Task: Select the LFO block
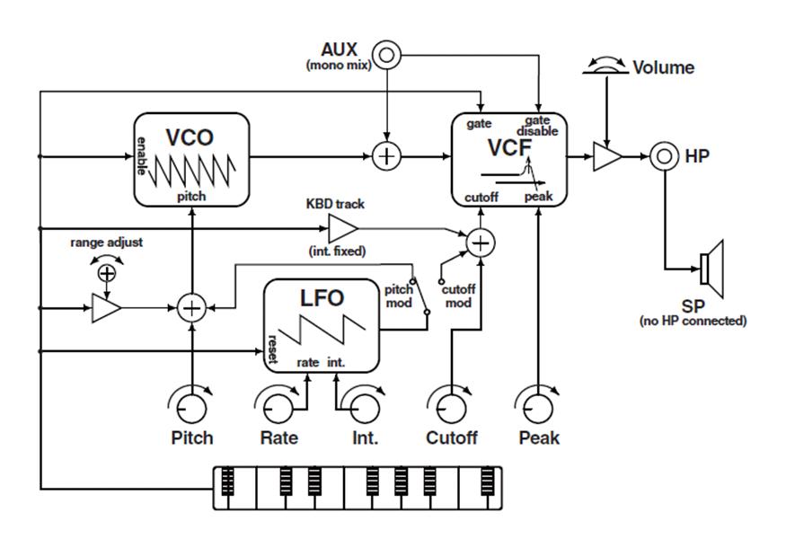point(321,324)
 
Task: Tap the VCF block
point(508,158)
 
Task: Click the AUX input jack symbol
point(386,55)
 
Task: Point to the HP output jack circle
point(663,156)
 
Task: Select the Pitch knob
point(190,406)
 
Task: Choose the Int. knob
point(365,406)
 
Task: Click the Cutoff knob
point(450,406)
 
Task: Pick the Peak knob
point(538,406)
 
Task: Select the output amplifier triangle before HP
point(607,156)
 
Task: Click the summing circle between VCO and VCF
point(386,156)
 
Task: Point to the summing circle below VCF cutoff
point(481,242)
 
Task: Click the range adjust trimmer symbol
point(107,272)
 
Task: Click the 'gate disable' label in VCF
point(537,126)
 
